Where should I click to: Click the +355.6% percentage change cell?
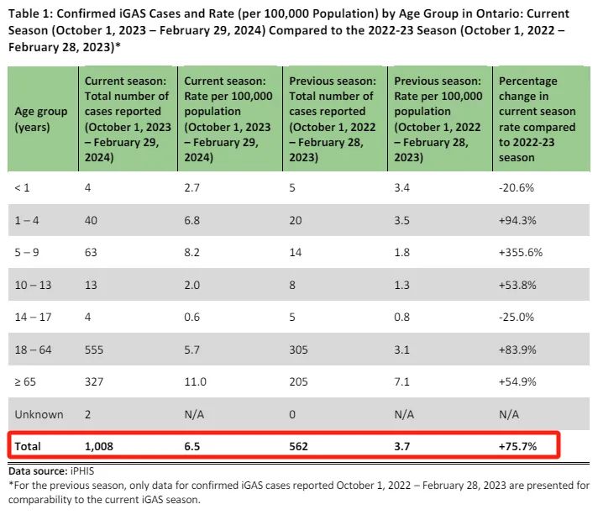click(520, 253)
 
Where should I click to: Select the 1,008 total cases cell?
click(99, 446)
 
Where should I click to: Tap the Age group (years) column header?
click(41, 119)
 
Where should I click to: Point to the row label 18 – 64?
click(33, 349)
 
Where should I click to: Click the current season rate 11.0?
click(195, 382)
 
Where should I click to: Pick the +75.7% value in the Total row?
click(517, 446)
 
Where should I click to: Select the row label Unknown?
click(39, 414)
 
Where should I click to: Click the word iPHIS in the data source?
click(82, 471)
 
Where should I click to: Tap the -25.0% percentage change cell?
click(517, 317)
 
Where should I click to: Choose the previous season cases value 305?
click(298, 349)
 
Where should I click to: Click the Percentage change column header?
click(537, 119)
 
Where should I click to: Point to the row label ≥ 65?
click(25, 382)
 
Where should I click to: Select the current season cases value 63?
click(91, 253)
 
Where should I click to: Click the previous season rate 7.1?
click(401, 382)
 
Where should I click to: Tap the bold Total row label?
click(28, 446)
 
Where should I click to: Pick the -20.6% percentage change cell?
click(517, 187)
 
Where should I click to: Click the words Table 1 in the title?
click(30, 13)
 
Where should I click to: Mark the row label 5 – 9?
click(27, 253)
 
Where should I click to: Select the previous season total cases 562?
click(298, 446)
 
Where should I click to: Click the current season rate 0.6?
click(191, 317)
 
